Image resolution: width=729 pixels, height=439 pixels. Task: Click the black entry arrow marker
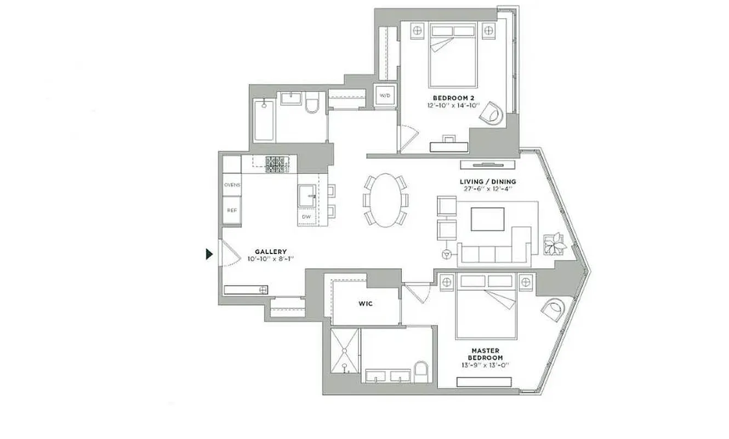click(x=209, y=254)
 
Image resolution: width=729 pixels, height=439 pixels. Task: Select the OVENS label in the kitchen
click(x=232, y=185)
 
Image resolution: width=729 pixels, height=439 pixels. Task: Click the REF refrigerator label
click(x=232, y=210)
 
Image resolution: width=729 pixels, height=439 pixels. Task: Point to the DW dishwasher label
click(x=306, y=217)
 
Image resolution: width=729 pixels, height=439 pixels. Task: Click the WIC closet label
click(x=366, y=303)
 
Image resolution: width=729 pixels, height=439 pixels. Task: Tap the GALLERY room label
click(x=270, y=251)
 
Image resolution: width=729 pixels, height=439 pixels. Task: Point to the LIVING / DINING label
click(x=488, y=182)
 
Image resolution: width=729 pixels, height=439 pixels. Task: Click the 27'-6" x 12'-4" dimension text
click(x=488, y=189)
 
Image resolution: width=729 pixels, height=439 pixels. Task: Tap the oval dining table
click(x=385, y=200)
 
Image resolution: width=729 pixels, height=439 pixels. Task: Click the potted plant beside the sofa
click(x=555, y=244)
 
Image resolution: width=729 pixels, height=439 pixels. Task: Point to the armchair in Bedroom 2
click(x=491, y=113)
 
